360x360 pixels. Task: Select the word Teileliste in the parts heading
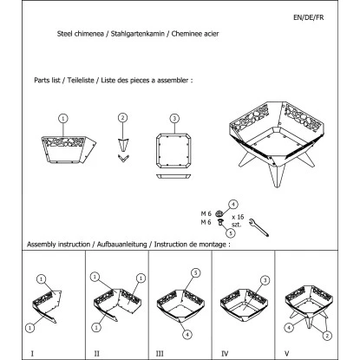pos(86,80)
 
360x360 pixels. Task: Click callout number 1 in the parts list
pos(62,118)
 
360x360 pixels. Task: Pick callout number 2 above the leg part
pos(123,118)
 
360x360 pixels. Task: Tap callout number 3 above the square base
pos(175,118)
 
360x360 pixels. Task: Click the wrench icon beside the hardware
pos(258,228)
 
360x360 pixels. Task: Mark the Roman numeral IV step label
pos(225,353)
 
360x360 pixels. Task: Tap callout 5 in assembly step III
pos(196,272)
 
